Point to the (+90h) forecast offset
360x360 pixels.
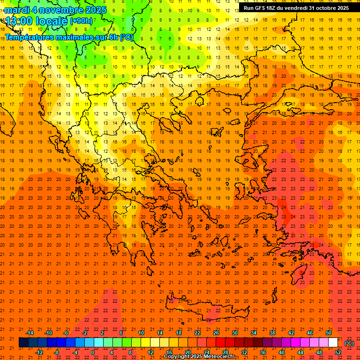(x=81, y=21)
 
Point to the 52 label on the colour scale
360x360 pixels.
(x=338, y=352)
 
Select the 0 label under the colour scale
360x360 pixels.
(x=92, y=352)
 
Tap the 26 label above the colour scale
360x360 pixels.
(x=216, y=332)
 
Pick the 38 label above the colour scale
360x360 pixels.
(x=272, y=332)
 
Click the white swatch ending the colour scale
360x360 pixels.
(x=333, y=342)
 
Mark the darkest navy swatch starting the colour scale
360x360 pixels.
(x=23, y=342)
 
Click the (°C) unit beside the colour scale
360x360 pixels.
(x=349, y=343)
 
